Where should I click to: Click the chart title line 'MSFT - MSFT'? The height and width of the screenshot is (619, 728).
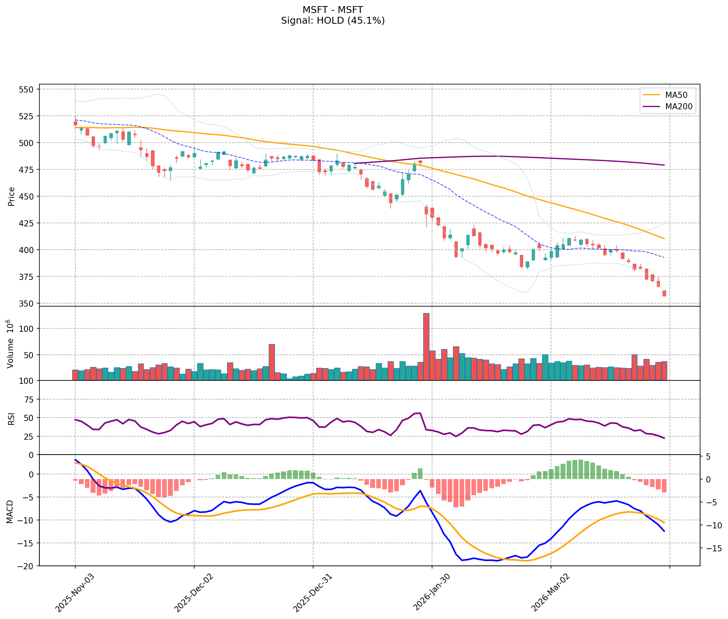(333, 10)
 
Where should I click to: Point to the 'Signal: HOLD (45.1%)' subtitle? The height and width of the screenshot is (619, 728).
(333, 21)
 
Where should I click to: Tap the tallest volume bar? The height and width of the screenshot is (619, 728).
(426, 346)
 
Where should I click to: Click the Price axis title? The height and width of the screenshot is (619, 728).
(11, 197)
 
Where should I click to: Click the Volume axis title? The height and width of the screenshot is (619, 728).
(10, 344)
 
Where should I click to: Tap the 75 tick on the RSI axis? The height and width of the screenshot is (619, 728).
(29, 400)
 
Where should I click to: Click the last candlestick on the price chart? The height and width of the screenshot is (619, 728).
(664, 293)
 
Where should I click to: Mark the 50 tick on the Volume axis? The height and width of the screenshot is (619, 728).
(29, 355)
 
